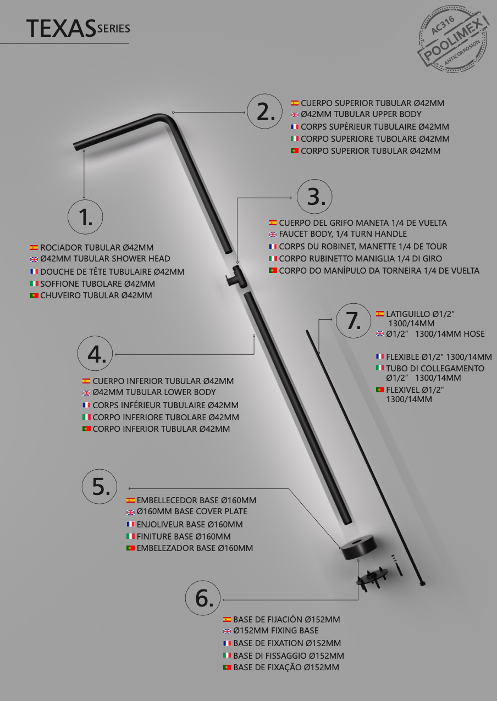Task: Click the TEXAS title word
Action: point(61,28)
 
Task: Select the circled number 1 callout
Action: point(85,217)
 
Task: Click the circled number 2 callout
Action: point(264,111)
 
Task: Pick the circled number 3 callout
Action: point(314,197)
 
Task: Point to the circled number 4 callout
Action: point(95,354)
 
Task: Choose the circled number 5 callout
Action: point(100,486)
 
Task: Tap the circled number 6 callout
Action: point(203,598)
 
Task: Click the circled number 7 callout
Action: point(354,320)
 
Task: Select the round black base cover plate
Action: point(359,548)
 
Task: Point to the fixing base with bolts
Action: point(372,578)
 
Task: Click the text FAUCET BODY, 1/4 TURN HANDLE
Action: point(343,234)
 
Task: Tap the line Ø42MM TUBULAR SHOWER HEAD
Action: point(105,259)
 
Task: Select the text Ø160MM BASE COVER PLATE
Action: point(192,511)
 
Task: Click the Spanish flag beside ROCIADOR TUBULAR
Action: point(34,248)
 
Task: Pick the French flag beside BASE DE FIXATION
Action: point(227,643)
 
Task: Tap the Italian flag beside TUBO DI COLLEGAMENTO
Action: point(380,368)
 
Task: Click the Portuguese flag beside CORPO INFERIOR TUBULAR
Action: point(86,429)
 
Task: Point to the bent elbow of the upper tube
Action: point(164,119)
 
